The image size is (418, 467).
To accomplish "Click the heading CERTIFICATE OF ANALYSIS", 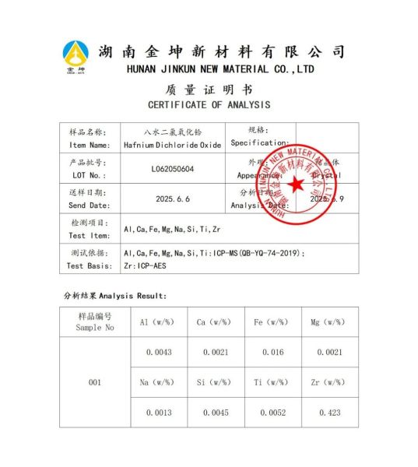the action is pyautogui.click(x=209, y=104).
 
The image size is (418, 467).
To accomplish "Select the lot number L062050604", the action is pyautogui.click(x=173, y=169).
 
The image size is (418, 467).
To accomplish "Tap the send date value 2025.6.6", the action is pyautogui.click(x=173, y=199).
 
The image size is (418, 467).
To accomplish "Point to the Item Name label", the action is pyautogui.click(x=90, y=145).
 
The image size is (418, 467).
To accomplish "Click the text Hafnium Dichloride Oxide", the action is pyautogui.click(x=173, y=145).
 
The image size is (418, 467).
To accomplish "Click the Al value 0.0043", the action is pyautogui.click(x=159, y=352).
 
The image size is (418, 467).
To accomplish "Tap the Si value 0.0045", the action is pyautogui.click(x=216, y=413).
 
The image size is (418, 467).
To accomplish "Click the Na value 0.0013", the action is pyautogui.click(x=159, y=413).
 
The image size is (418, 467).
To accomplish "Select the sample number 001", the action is pyautogui.click(x=95, y=382).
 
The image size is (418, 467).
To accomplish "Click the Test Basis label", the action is pyautogui.click(x=90, y=265).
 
